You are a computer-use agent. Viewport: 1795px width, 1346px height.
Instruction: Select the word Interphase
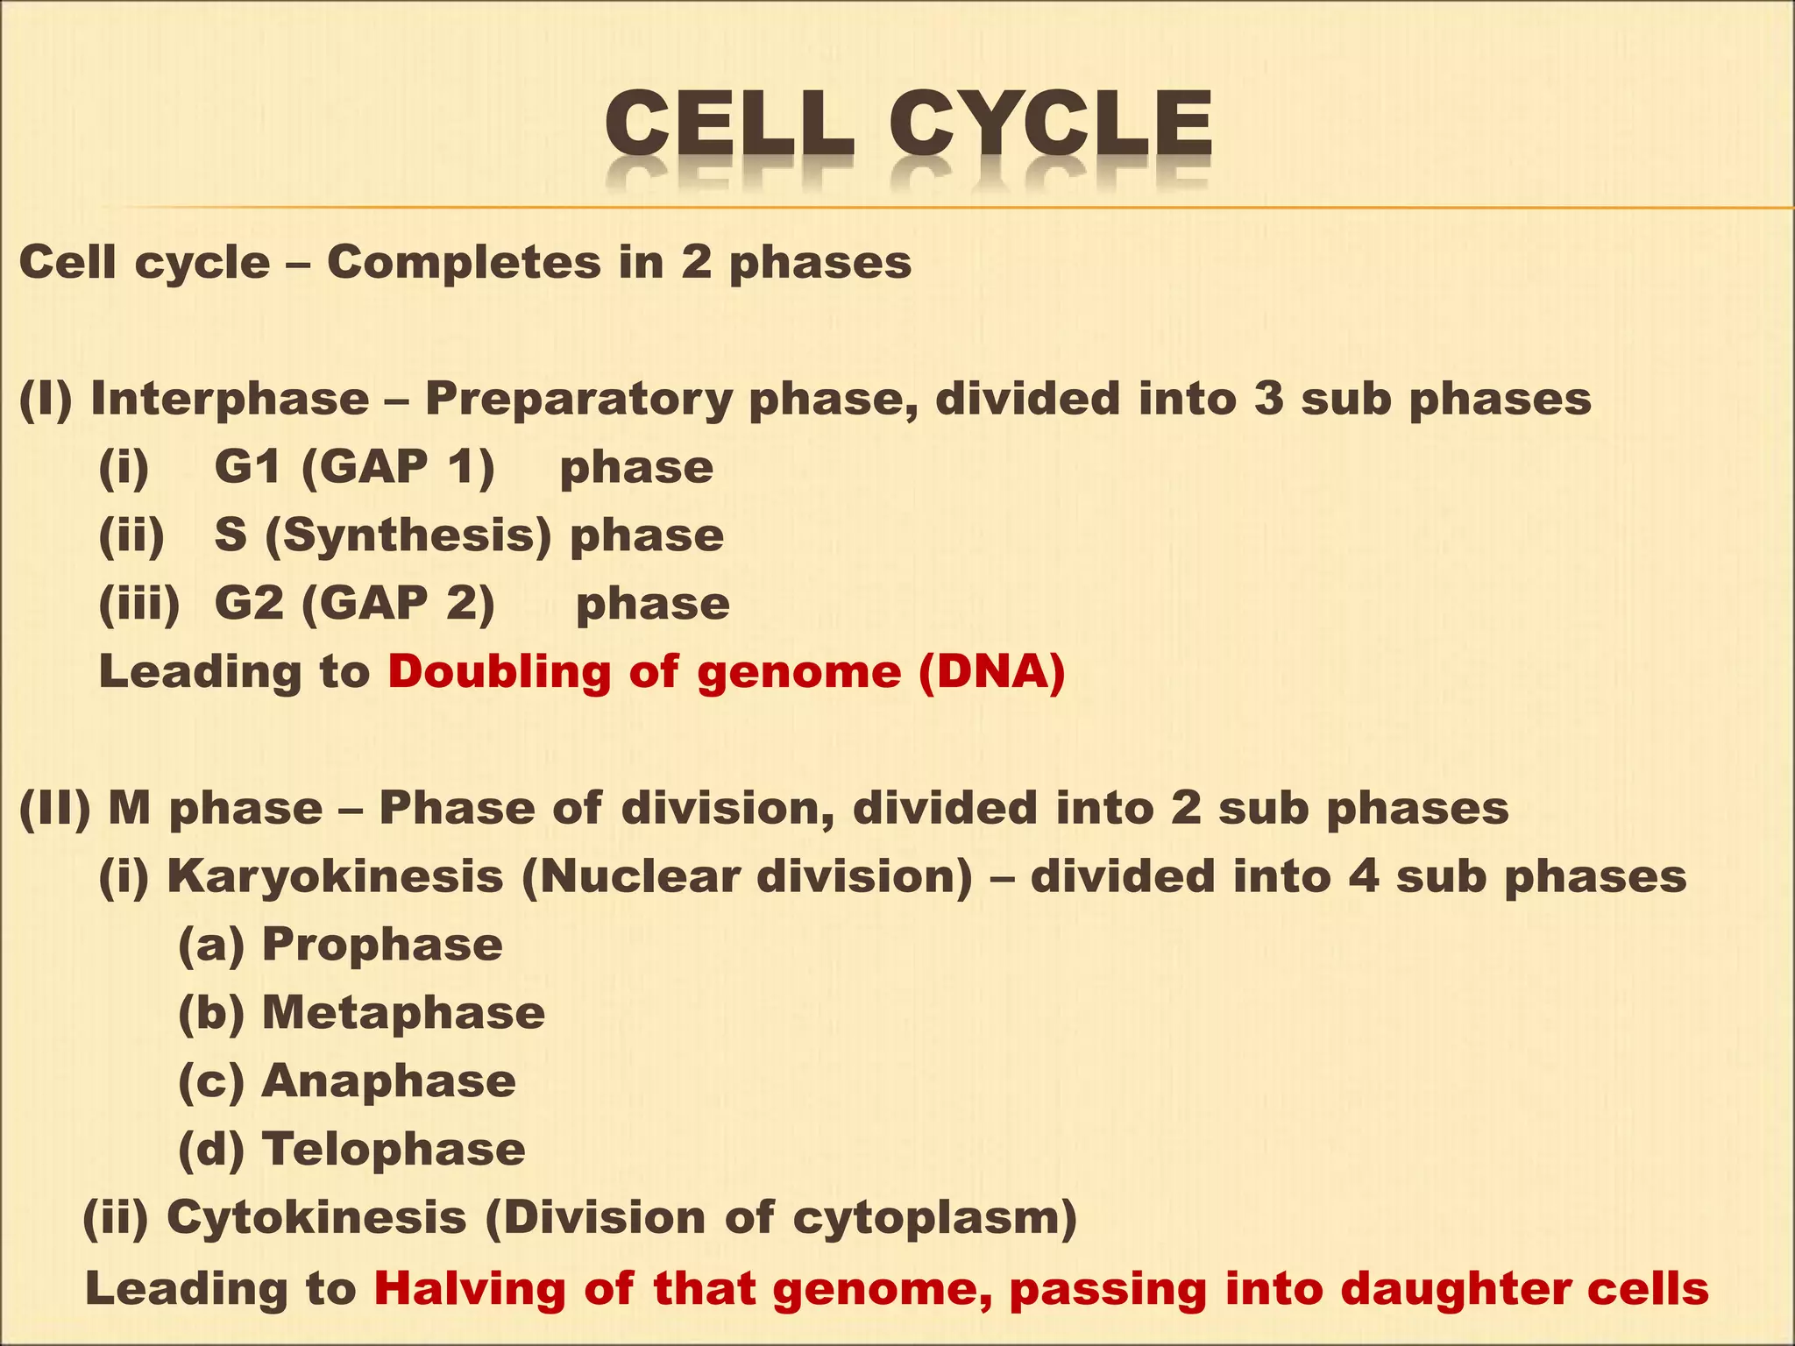point(230,400)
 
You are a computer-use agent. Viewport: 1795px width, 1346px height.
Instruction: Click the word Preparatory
point(578,400)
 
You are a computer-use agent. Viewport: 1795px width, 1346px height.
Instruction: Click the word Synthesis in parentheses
point(408,535)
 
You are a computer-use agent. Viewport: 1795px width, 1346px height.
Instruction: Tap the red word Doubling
point(499,672)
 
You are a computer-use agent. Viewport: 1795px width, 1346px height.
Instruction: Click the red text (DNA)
point(992,672)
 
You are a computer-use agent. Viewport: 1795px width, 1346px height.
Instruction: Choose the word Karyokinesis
point(335,876)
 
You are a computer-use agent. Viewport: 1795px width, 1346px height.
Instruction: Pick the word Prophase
point(382,945)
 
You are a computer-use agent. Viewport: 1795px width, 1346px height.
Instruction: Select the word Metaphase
point(403,1013)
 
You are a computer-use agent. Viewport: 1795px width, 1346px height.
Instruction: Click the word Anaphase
point(388,1081)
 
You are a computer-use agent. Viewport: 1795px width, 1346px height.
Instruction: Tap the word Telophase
point(394,1150)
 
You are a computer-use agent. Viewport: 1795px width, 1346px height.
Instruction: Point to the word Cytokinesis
point(316,1218)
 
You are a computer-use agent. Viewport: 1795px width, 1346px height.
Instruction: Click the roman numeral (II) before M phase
point(55,808)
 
